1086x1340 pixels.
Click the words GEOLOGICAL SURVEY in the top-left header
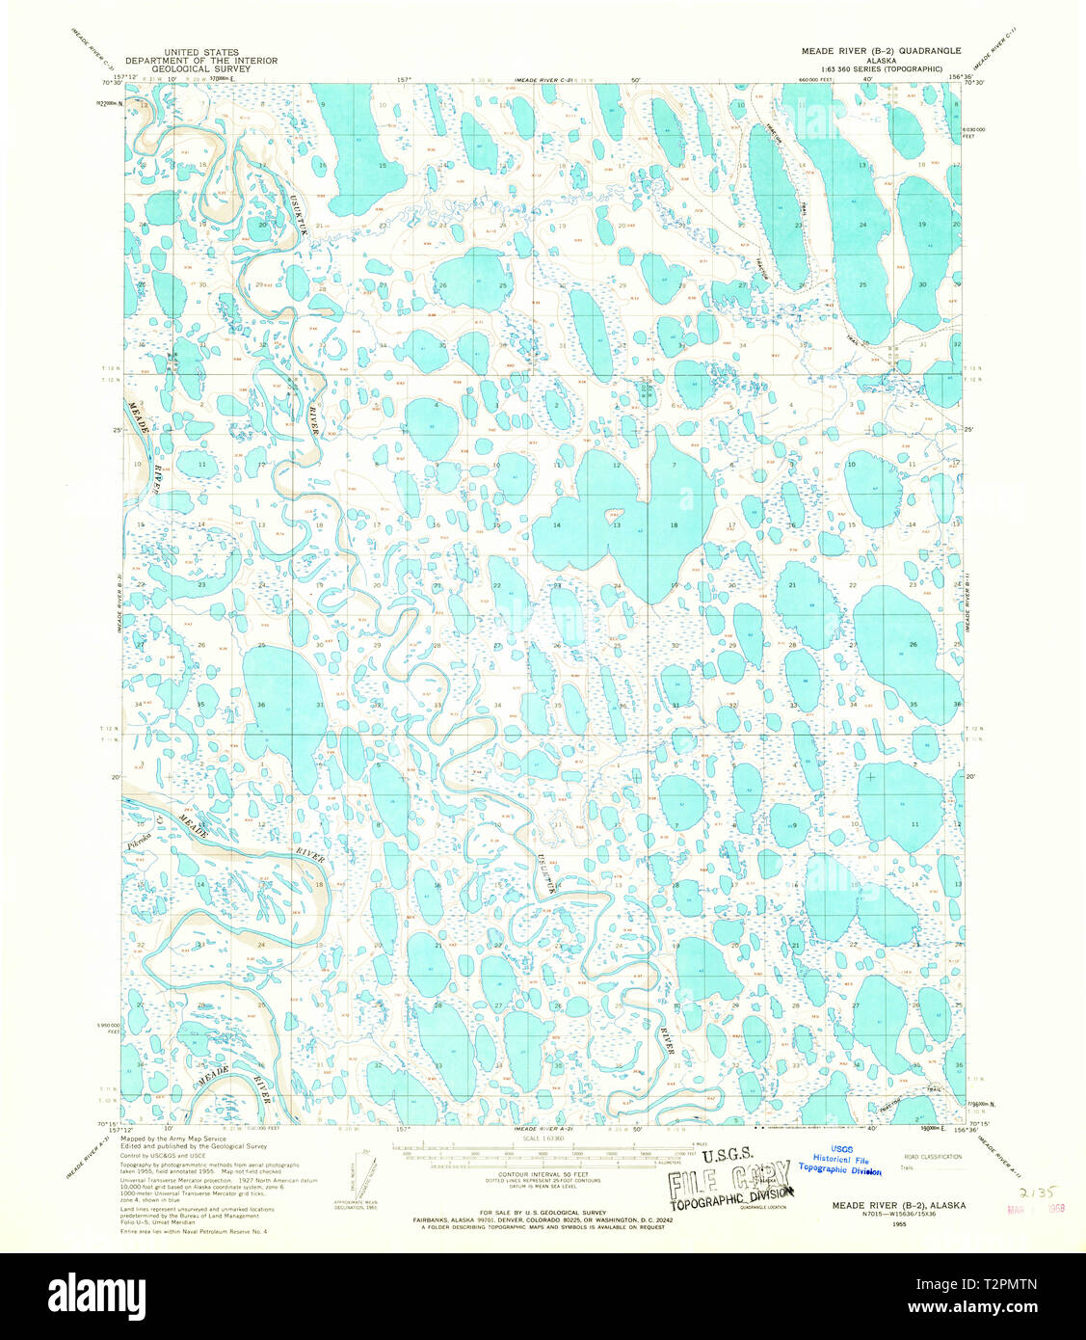coord(200,68)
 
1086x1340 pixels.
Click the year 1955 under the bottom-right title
coord(899,1223)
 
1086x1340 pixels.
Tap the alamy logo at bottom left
coord(96,1295)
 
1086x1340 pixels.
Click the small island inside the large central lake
coord(611,515)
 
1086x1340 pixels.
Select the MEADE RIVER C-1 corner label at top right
coord(995,50)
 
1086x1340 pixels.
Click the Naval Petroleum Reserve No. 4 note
coord(193,1231)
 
